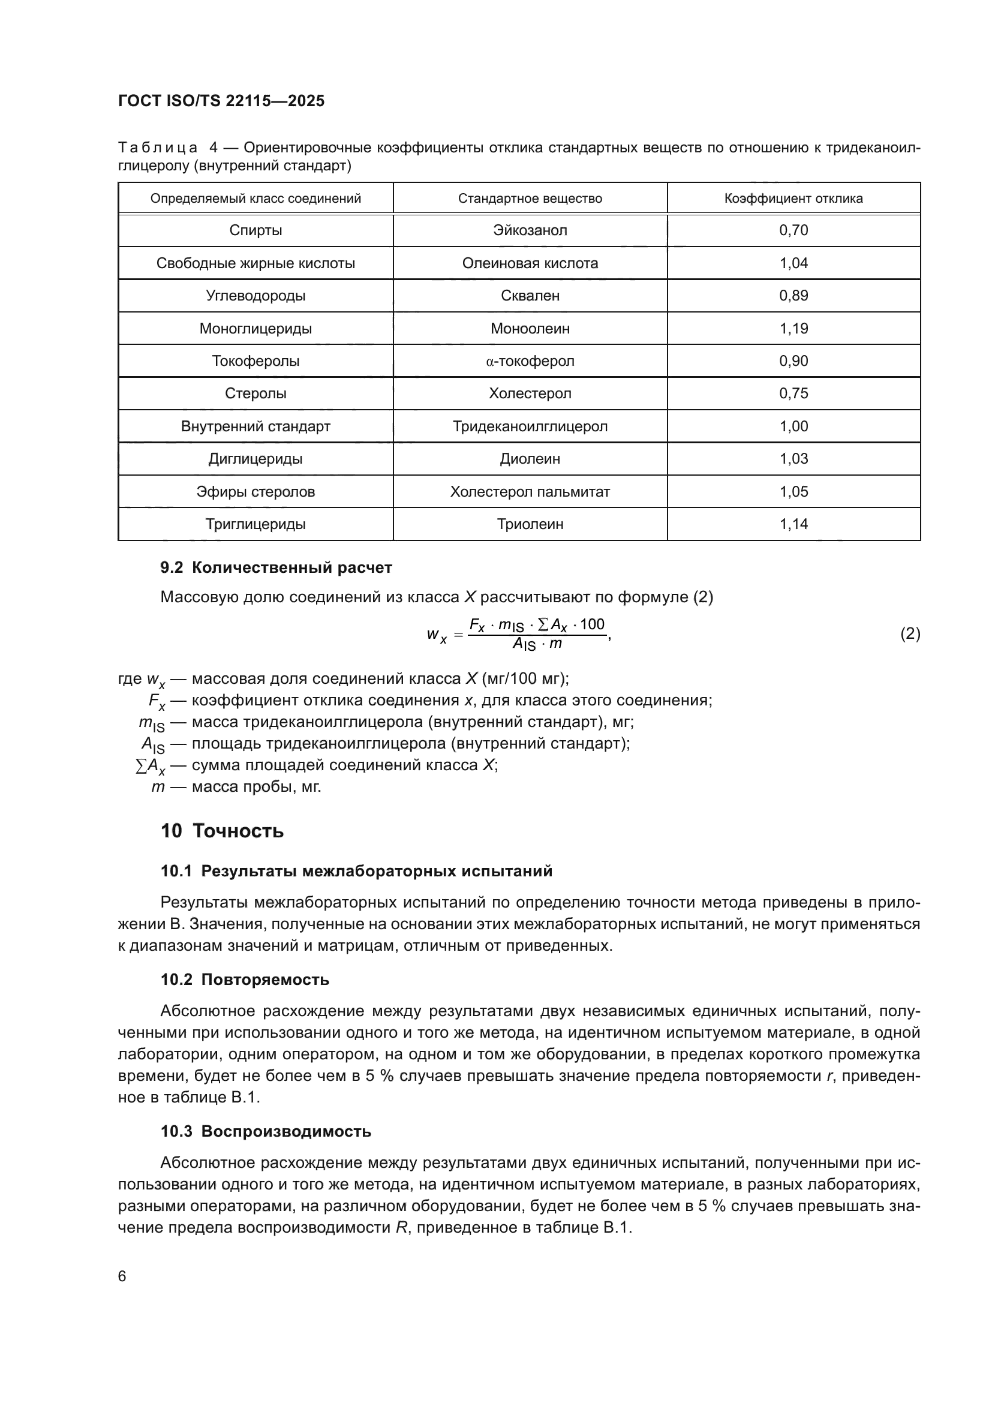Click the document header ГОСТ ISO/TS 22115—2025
221,101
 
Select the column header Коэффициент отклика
793,199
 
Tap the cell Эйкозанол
530,230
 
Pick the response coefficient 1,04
793,263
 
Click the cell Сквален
530,296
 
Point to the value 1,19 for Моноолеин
793,329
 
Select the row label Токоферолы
255,361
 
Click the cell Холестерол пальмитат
530,492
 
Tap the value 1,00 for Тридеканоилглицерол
793,426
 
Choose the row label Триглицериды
255,524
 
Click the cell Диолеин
530,459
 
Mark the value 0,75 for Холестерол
793,393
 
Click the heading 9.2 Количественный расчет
276,567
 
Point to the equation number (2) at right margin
910,633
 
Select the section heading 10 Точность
223,831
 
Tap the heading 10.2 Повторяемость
245,980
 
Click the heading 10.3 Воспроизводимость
266,1132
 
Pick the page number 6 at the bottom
122,1276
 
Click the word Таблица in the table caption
158,148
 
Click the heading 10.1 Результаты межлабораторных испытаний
356,872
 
